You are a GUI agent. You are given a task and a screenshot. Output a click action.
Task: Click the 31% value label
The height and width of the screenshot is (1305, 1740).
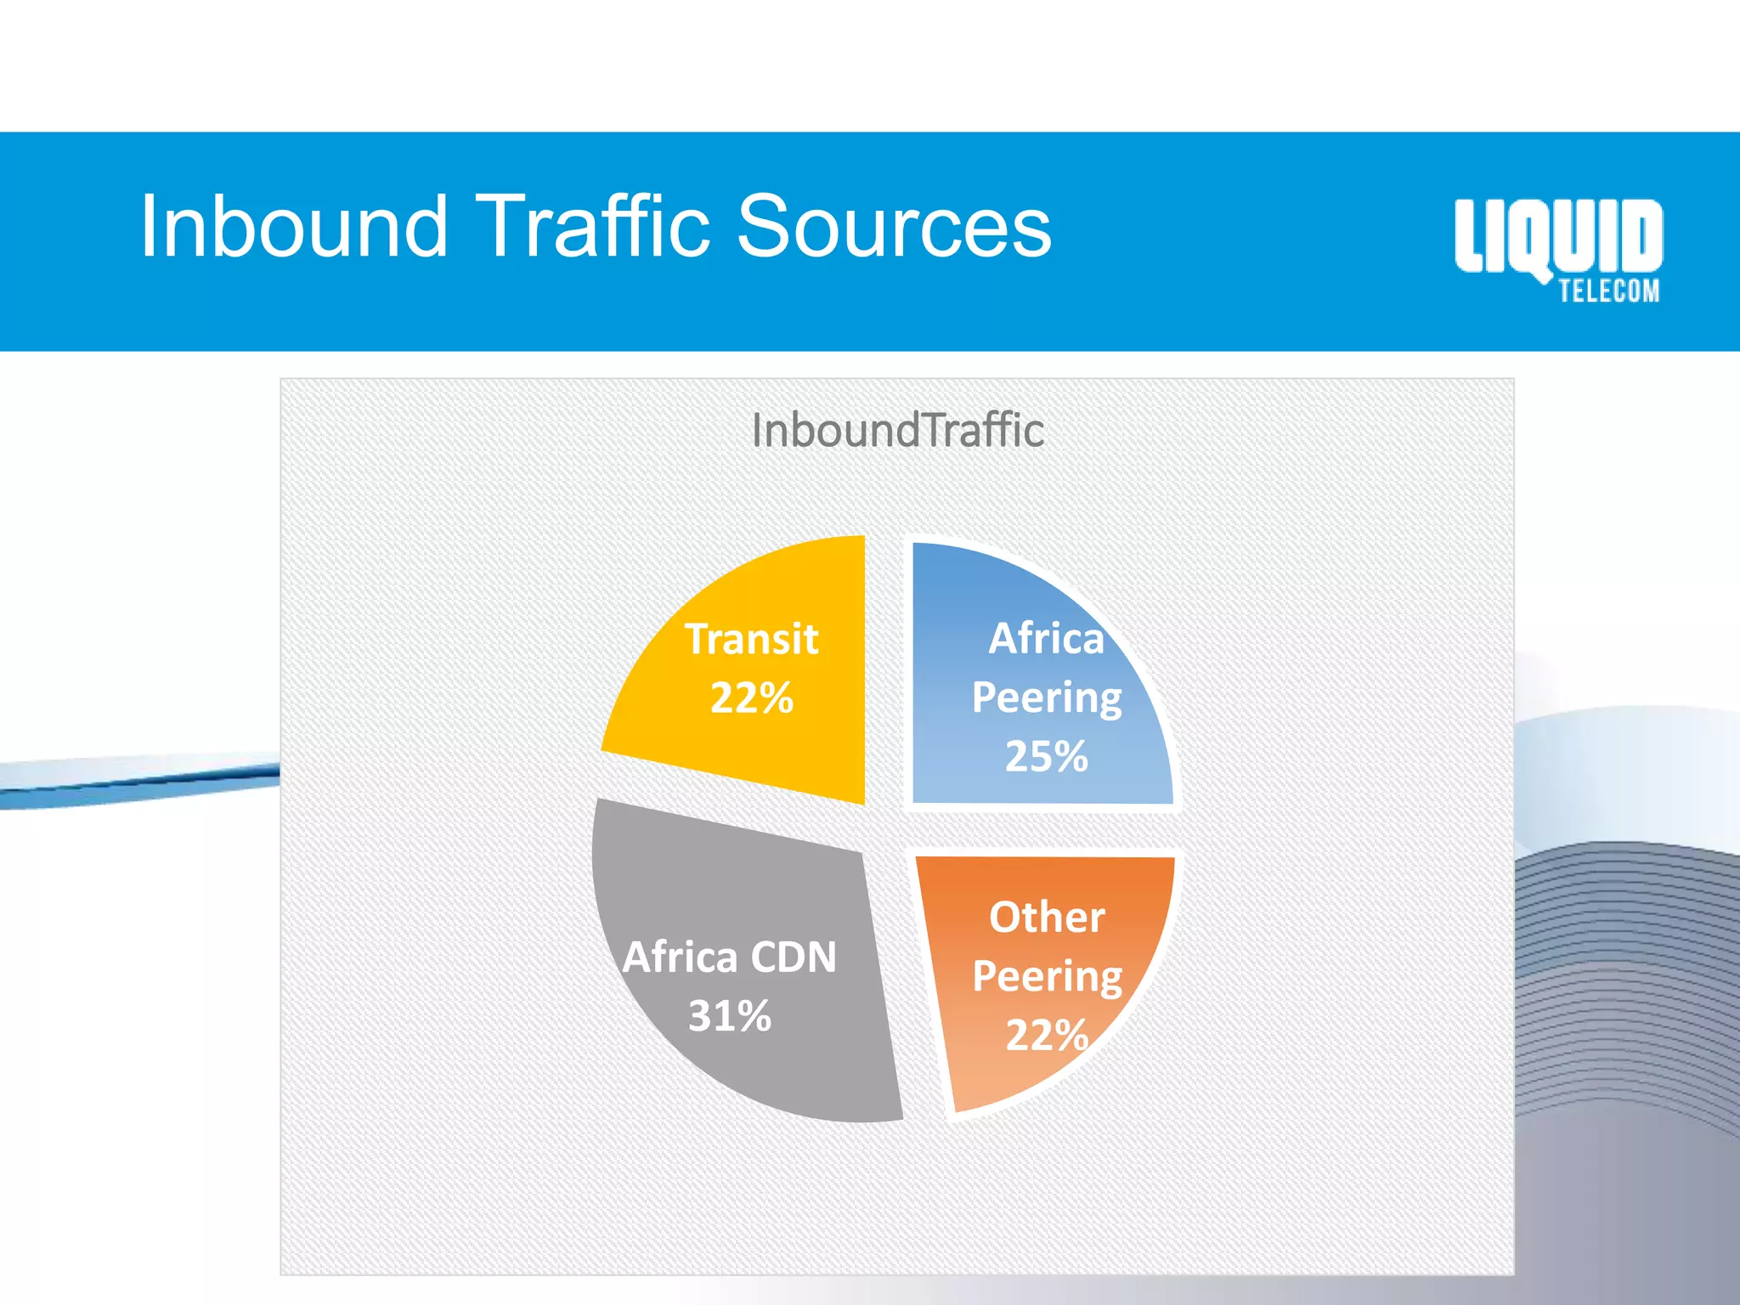pyautogui.click(x=730, y=1016)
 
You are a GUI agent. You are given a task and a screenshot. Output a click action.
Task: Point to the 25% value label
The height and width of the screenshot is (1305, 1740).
pyautogui.click(x=1046, y=756)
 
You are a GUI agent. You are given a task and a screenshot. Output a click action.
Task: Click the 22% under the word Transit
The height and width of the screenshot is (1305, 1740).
pyautogui.click(x=752, y=698)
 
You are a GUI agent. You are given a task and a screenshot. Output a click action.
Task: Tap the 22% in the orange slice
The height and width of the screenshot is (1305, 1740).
pyautogui.click(x=1047, y=1036)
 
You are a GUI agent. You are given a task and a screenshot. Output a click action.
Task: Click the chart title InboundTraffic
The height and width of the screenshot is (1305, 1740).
pyautogui.click(x=897, y=430)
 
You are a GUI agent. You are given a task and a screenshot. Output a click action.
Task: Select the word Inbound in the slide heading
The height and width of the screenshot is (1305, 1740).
pyautogui.click(x=293, y=226)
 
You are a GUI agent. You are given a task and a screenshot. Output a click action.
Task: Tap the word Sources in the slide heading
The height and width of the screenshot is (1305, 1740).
pyautogui.click(x=894, y=226)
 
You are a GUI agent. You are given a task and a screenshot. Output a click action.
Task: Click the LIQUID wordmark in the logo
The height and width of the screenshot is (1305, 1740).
pyautogui.click(x=1558, y=236)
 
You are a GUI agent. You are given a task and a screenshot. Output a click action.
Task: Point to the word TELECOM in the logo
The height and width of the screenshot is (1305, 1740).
pyautogui.click(x=1608, y=291)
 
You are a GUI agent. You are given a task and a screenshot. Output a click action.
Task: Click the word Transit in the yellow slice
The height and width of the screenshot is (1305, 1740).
pyautogui.click(x=752, y=639)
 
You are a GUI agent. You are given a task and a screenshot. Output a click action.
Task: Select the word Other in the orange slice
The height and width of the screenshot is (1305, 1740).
pyautogui.click(x=1047, y=918)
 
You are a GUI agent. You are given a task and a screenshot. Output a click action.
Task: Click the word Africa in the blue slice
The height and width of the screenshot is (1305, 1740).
pyautogui.click(x=1046, y=639)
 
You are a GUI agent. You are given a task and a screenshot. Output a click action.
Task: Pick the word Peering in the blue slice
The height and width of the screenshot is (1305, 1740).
pyautogui.click(x=1046, y=698)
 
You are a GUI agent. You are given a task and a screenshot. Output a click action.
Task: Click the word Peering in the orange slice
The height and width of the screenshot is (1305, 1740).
pyautogui.click(x=1047, y=977)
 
